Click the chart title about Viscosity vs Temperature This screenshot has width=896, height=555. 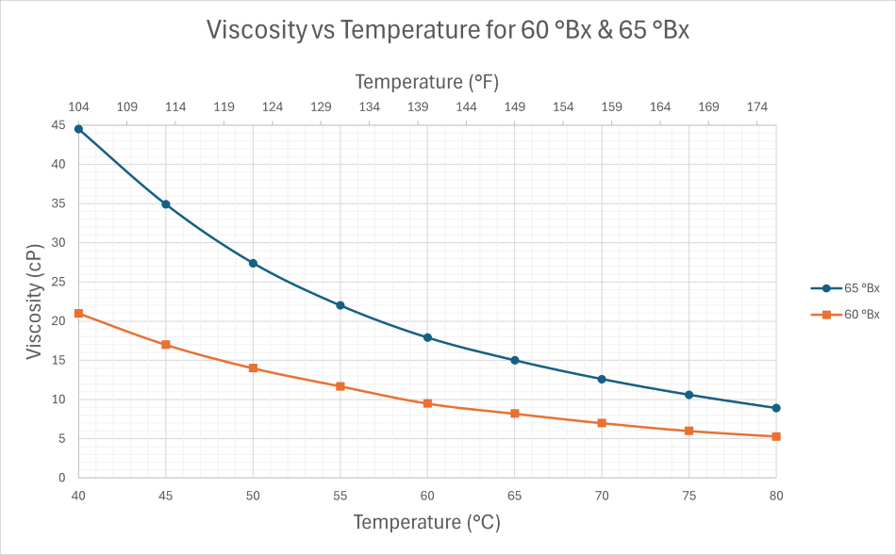click(x=448, y=30)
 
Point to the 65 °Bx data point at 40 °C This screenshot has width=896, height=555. click(x=79, y=129)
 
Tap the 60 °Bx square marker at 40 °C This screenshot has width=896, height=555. click(x=79, y=313)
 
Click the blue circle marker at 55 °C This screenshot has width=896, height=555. click(x=340, y=305)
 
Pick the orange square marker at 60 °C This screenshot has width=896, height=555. click(x=427, y=403)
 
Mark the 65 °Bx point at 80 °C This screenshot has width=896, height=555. click(x=775, y=408)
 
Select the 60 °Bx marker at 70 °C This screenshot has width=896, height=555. click(x=602, y=423)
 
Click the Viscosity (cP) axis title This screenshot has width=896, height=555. click(x=35, y=302)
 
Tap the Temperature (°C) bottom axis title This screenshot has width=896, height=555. click(x=426, y=522)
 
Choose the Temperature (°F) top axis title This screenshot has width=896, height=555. click(x=426, y=82)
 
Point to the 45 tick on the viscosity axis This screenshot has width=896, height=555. click(x=58, y=125)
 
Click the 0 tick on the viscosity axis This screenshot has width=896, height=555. click(x=62, y=478)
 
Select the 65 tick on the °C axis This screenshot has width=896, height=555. click(x=514, y=495)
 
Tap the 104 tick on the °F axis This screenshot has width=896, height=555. click(x=79, y=106)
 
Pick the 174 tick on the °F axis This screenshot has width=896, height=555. click(x=757, y=106)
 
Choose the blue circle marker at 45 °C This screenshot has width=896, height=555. click(x=166, y=204)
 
